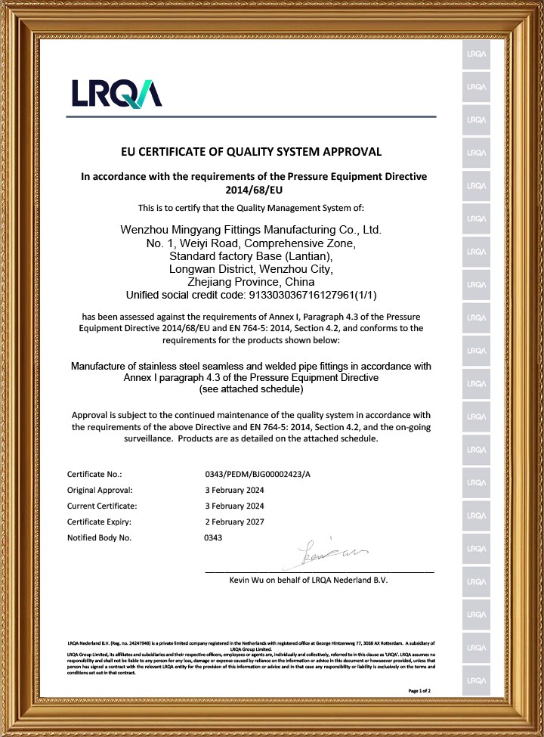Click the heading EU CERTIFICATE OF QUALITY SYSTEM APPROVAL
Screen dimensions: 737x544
(x=252, y=152)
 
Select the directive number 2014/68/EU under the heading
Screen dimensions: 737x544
(x=254, y=190)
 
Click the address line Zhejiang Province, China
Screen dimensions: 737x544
(x=252, y=282)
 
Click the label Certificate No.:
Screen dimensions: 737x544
(x=94, y=474)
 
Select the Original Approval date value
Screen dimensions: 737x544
(x=235, y=490)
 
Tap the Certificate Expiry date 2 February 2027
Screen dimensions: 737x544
(x=235, y=522)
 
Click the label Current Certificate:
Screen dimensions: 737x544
(x=102, y=506)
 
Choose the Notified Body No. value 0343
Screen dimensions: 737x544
(x=214, y=537)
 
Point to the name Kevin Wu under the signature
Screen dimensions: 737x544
(x=252, y=581)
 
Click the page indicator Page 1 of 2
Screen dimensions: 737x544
(x=419, y=691)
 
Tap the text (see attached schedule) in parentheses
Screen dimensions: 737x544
(x=251, y=389)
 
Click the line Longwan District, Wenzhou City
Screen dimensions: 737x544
(x=250, y=268)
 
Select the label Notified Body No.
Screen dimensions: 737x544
(x=99, y=537)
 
